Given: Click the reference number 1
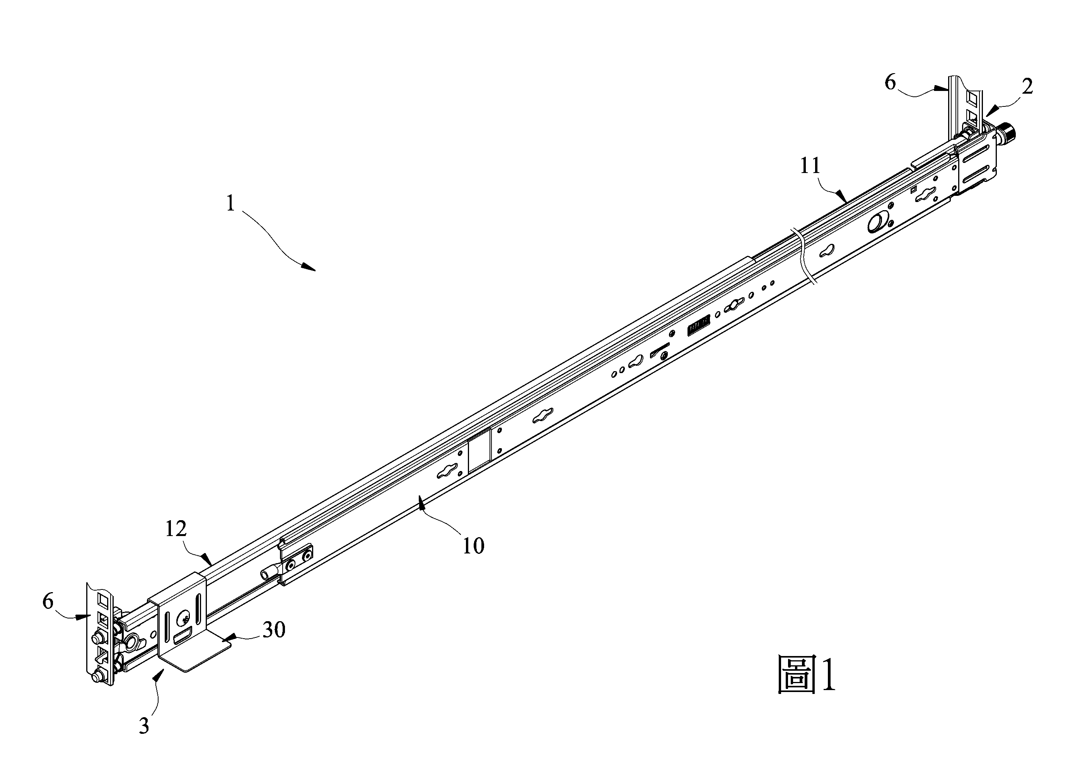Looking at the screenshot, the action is (x=230, y=204).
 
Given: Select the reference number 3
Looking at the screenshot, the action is (x=144, y=726).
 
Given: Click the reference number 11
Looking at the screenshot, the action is (x=810, y=166).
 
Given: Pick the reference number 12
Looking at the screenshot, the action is (x=176, y=529).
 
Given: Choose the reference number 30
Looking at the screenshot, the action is (x=274, y=630).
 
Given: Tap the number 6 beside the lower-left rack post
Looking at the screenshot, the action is (x=48, y=601).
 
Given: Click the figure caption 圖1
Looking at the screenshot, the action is (x=806, y=674).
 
